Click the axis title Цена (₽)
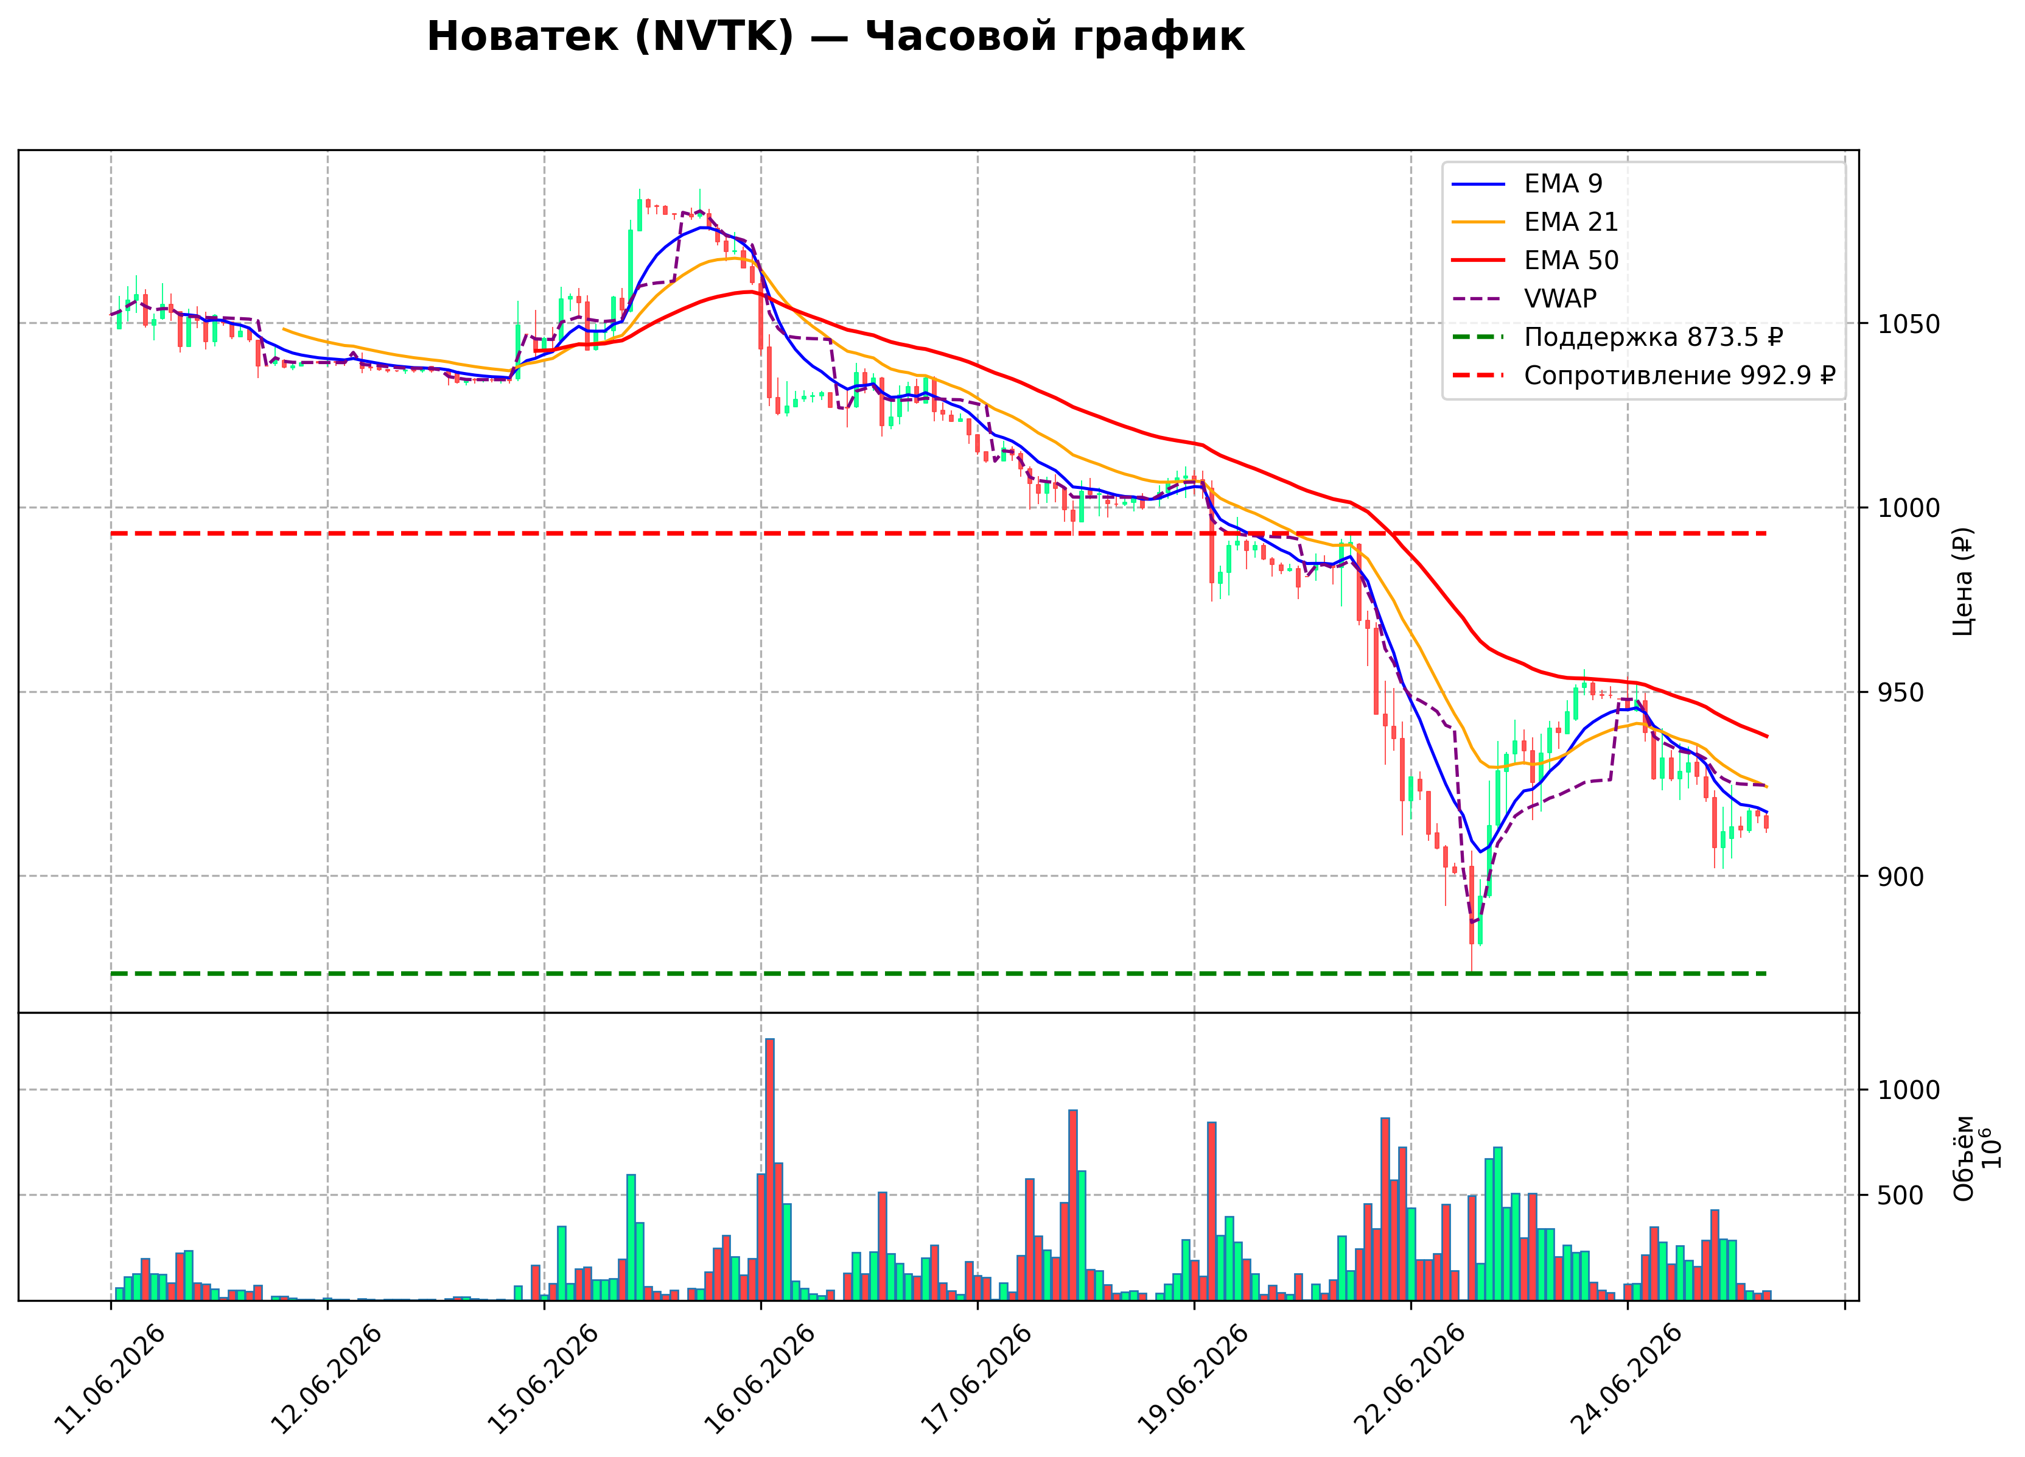click(1962, 581)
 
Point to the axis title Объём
click(1964, 1159)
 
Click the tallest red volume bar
click(769, 1170)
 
